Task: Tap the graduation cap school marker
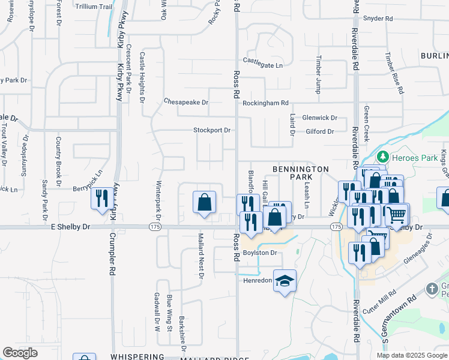[285, 280]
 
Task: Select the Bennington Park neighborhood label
[301, 173]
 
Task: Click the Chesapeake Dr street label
[186, 102]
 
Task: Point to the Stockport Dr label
[212, 130]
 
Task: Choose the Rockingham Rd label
[265, 103]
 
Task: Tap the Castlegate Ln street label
[262, 61]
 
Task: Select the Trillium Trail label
[94, 6]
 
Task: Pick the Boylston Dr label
[259, 253]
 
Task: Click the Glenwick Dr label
[320, 118]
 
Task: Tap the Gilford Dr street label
[319, 131]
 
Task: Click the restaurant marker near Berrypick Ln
[101, 198]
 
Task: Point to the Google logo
[20, 353]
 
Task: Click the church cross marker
[431, 289]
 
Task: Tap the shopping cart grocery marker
[396, 214]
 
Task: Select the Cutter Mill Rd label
[380, 303]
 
